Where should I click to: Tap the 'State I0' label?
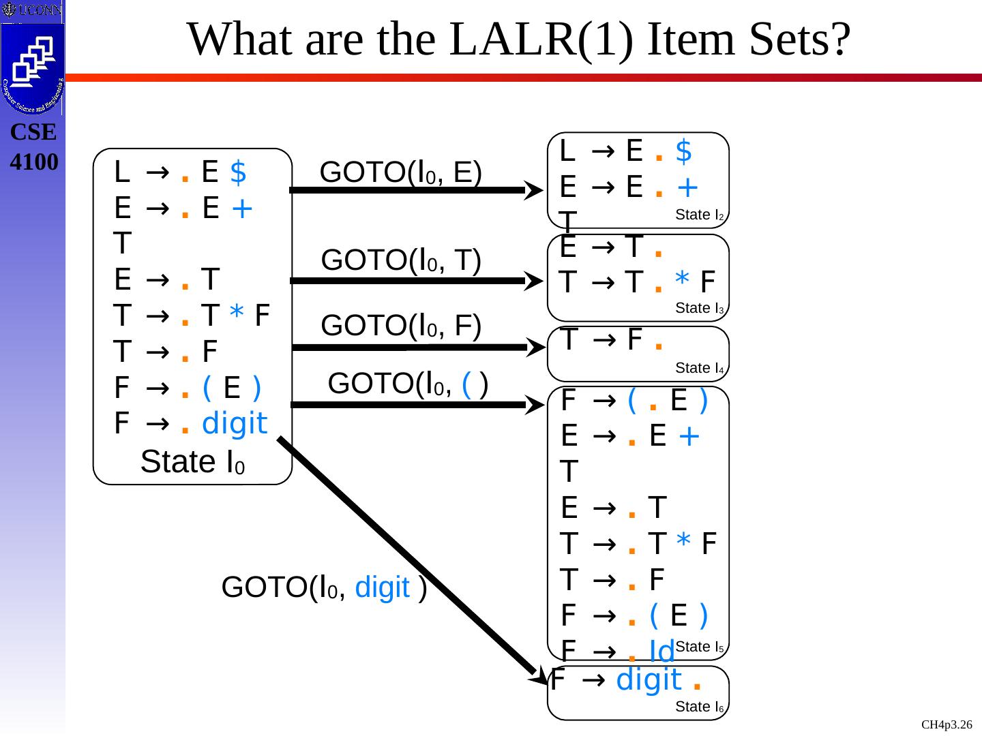[192, 462]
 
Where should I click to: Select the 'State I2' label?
[699, 215]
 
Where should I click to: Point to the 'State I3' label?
[699, 308]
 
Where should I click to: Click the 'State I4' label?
[699, 369]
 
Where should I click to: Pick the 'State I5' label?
[699, 647]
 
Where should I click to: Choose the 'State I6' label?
[699, 707]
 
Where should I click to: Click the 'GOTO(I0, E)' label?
[401, 172]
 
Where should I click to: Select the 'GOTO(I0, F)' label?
[401, 325]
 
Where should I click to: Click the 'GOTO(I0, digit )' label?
[325, 587]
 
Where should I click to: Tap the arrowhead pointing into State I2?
[534, 190]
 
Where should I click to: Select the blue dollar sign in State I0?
[238, 172]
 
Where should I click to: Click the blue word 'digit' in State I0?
[235, 424]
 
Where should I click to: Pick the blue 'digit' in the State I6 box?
[649, 680]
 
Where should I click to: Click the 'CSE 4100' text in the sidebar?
[33, 147]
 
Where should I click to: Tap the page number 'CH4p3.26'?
[947, 724]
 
